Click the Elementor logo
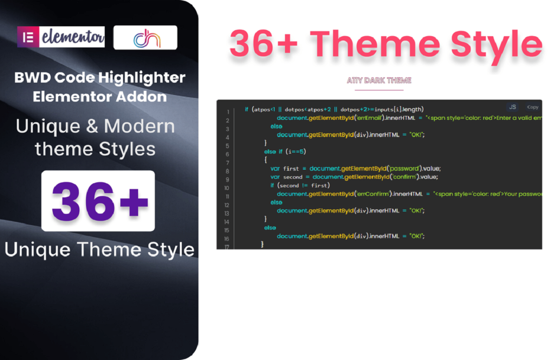pyautogui.click(x=61, y=37)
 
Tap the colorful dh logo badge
pyautogui.click(x=146, y=38)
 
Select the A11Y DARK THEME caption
pyautogui.click(x=379, y=80)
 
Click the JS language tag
pyautogui.click(x=512, y=107)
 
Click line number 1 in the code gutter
pyautogui.click(x=228, y=112)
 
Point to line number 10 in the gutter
pyautogui.click(x=227, y=188)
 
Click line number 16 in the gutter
pyautogui.click(x=227, y=239)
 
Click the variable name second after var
pyautogui.click(x=293, y=177)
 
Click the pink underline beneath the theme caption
pyautogui.click(x=379, y=90)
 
